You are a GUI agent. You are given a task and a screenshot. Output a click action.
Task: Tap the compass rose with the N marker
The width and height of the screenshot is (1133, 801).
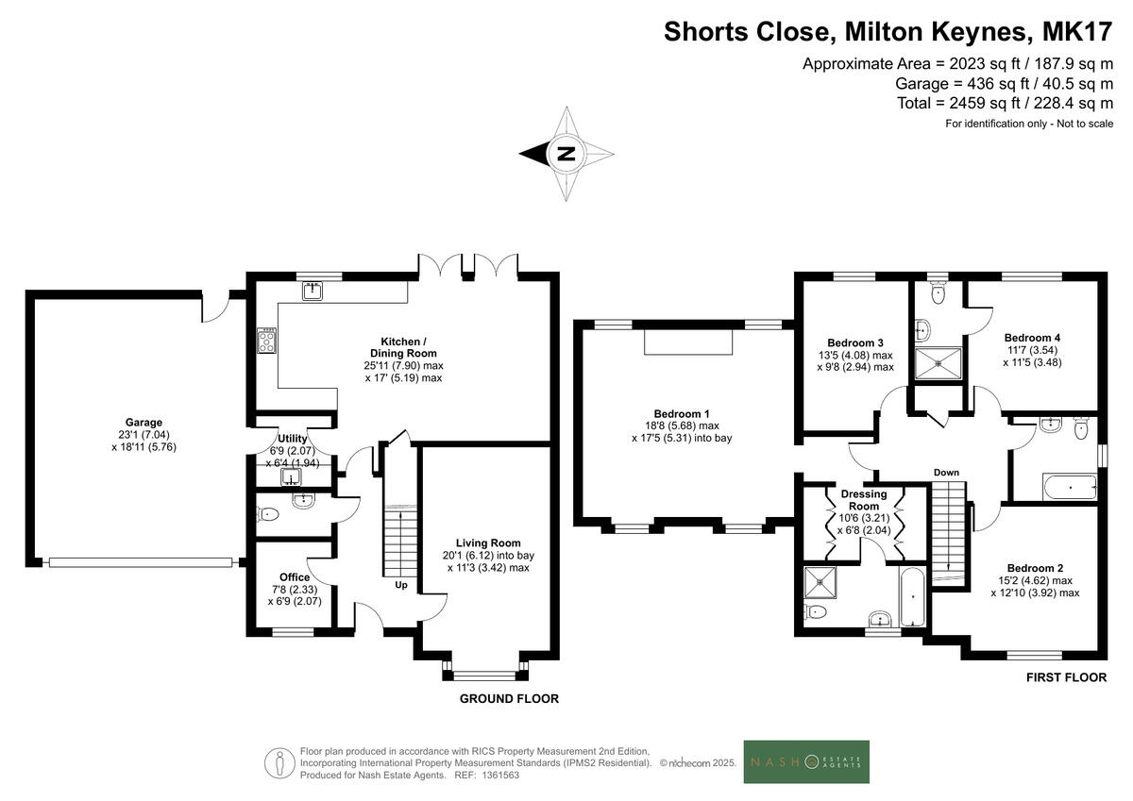pos(566,154)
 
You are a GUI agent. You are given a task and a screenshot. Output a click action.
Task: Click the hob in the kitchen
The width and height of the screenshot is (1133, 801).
pos(266,340)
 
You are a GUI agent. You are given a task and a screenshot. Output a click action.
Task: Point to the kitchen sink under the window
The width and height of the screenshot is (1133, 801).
pos(313,291)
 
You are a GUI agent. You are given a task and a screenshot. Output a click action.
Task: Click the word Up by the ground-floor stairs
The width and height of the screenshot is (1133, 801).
pos(399,585)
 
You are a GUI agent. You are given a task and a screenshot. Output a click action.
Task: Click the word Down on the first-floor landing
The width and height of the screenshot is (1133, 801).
pos(946,473)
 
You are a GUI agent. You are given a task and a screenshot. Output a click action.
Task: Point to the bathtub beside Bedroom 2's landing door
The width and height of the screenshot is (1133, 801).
pos(1070,489)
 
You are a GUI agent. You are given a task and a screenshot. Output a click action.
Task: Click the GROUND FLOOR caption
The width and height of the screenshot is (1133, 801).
pos(509,699)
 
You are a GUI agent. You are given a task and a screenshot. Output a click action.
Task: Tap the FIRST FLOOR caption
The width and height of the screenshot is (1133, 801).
pos(1066,677)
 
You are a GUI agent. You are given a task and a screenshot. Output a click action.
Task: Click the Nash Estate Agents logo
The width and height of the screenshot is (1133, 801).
pos(806,761)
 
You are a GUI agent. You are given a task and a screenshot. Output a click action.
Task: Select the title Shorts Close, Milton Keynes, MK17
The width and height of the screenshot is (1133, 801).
pos(888,31)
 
